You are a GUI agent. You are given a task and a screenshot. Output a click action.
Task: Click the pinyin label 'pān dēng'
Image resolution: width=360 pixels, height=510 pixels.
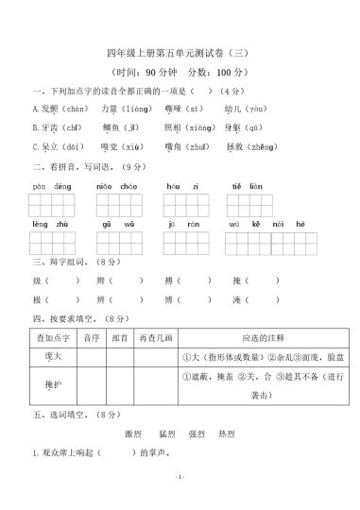pyautogui.click(x=46, y=188)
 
